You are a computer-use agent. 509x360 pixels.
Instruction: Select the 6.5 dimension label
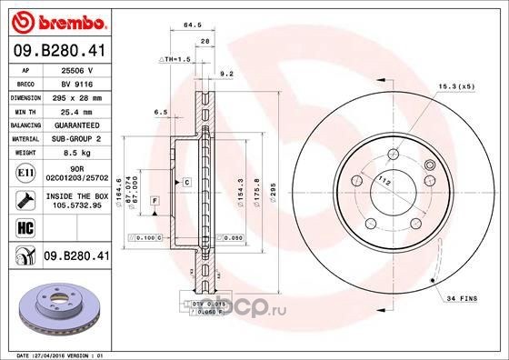160,112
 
